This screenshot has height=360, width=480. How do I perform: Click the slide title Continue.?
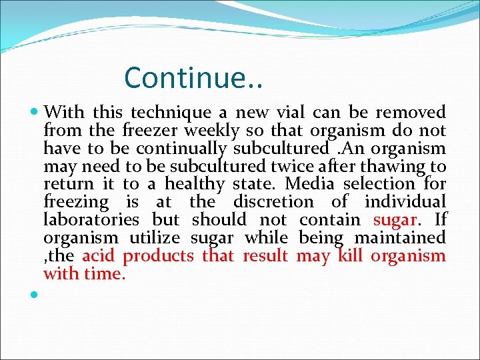coord(193,77)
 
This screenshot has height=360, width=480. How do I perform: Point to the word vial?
coord(290,111)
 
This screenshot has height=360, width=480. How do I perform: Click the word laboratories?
coord(91,219)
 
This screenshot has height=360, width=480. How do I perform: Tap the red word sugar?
coord(395,219)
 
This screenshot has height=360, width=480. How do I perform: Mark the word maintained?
coord(403,237)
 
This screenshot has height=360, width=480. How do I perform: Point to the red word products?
coord(159,256)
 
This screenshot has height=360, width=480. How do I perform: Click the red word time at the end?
coord(105,274)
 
